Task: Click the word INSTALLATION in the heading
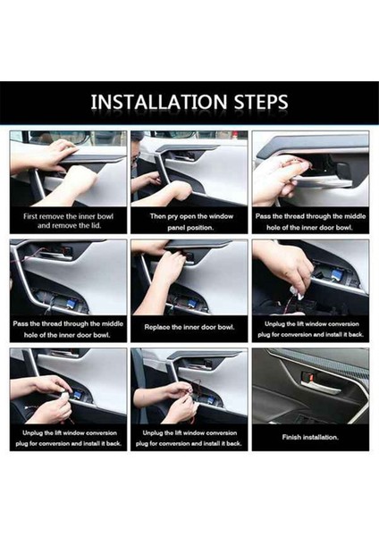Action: coord(159,102)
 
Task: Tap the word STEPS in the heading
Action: coord(261,102)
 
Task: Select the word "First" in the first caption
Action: coord(30,216)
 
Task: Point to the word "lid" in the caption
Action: coord(96,226)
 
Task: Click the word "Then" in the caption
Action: coord(157,216)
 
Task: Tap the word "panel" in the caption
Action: coord(175,228)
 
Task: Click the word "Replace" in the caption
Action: coord(156,327)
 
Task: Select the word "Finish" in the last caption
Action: coord(292,437)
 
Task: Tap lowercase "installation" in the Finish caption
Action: coord(321,437)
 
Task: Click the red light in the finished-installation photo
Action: coord(311,377)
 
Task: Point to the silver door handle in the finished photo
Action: coord(320,387)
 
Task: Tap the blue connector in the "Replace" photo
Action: coord(186,302)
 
